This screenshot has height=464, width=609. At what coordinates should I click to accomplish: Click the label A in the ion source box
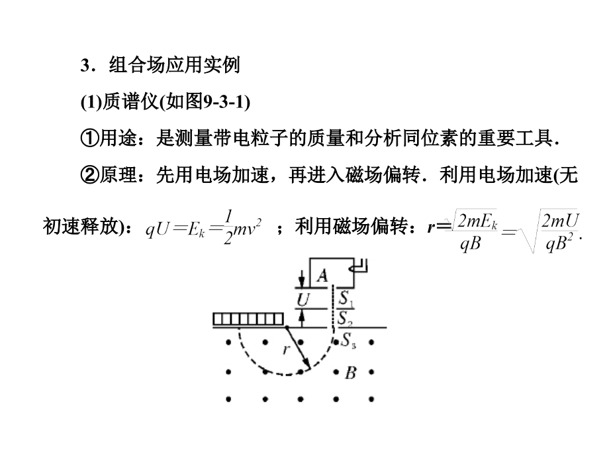[x=322, y=276]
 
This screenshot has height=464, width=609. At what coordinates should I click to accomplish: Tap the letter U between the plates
[x=303, y=300]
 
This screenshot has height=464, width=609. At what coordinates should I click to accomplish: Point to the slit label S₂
[x=344, y=319]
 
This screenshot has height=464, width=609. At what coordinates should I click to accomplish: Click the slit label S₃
[x=348, y=340]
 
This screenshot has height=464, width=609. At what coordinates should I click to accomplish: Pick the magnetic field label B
[x=350, y=373]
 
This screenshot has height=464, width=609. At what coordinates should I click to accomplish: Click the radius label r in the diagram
[x=286, y=349]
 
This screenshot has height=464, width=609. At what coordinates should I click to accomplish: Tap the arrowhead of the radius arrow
[x=308, y=364]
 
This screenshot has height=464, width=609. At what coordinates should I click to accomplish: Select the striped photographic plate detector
[x=248, y=319]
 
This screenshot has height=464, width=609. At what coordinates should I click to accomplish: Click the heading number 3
[x=85, y=66]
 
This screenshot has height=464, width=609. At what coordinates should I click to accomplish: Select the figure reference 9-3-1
[x=225, y=102]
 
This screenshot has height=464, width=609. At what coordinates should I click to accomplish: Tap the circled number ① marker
[x=89, y=138]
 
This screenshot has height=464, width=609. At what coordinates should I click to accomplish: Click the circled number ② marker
[x=89, y=175]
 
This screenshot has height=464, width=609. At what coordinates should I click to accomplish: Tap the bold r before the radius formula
[x=431, y=227]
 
